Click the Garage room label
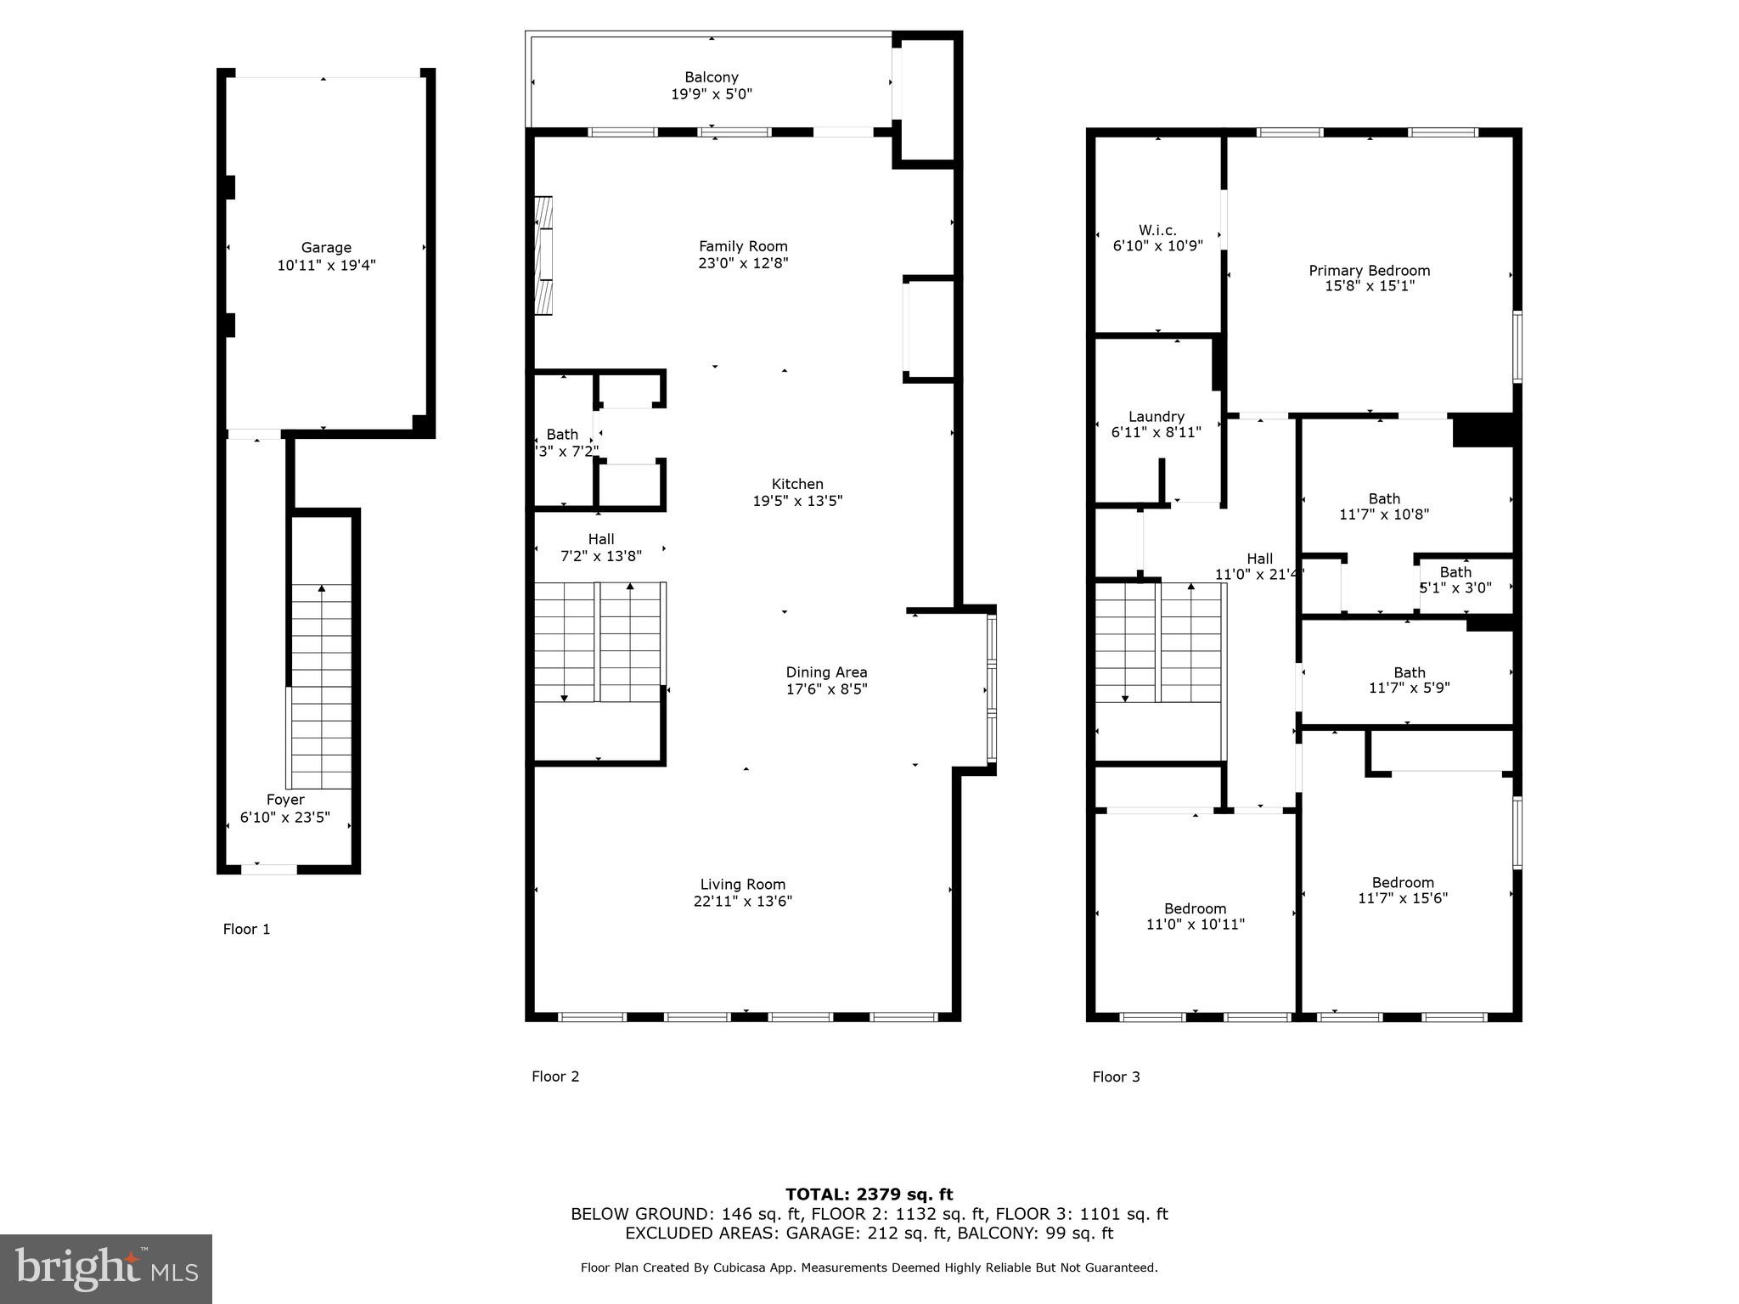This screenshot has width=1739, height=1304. point(326,248)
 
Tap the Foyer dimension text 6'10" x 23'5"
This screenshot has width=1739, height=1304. point(285,818)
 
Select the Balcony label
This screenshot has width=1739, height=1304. point(712,77)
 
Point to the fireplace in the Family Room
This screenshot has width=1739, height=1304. point(543,256)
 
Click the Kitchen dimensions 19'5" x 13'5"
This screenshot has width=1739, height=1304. point(797,501)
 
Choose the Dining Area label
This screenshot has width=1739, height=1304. point(826,672)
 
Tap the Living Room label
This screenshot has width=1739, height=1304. point(743,885)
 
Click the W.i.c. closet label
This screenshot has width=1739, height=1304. point(1157,230)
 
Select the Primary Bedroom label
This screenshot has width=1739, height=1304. point(1369,271)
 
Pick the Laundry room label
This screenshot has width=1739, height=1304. point(1156,417)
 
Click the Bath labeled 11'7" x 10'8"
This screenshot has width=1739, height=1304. point(1384,499)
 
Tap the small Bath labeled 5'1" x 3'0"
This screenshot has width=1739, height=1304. point(1455,573)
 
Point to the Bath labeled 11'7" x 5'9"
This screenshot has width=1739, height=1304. point(1409,672)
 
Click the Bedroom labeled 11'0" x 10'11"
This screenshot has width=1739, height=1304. point(1195,908)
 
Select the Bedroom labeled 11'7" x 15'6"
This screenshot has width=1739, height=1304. point(1403,883)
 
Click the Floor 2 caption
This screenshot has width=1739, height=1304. point(555,1076)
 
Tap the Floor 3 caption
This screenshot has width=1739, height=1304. point(1116,1077)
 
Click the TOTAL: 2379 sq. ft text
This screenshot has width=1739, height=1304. point(869,1194)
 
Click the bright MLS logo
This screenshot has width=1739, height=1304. point(106,1268)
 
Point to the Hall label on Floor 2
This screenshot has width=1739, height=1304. point(600,539)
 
